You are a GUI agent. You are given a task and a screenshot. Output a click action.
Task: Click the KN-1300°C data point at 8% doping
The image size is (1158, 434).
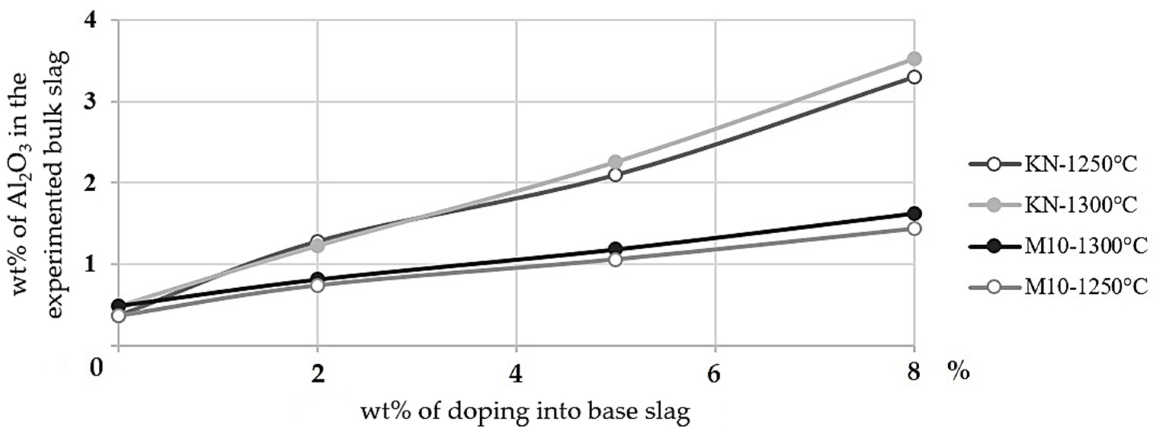[x=914, y=58]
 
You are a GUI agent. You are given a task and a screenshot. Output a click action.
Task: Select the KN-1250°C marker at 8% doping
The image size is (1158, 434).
[x=914, y=77]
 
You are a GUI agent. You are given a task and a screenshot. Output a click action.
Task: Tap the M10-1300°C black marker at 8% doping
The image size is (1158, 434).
[x=914, y=213]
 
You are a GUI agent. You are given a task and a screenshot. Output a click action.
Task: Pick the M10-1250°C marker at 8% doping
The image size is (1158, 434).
[x=914, y=229]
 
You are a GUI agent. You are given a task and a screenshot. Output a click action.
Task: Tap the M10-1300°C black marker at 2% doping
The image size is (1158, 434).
[x=318, y=279]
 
